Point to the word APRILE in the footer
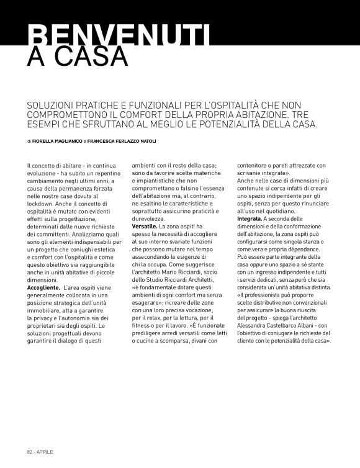(x=45, y=451)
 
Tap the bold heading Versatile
(x=144, y=228)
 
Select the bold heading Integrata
(x=250, y=220)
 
